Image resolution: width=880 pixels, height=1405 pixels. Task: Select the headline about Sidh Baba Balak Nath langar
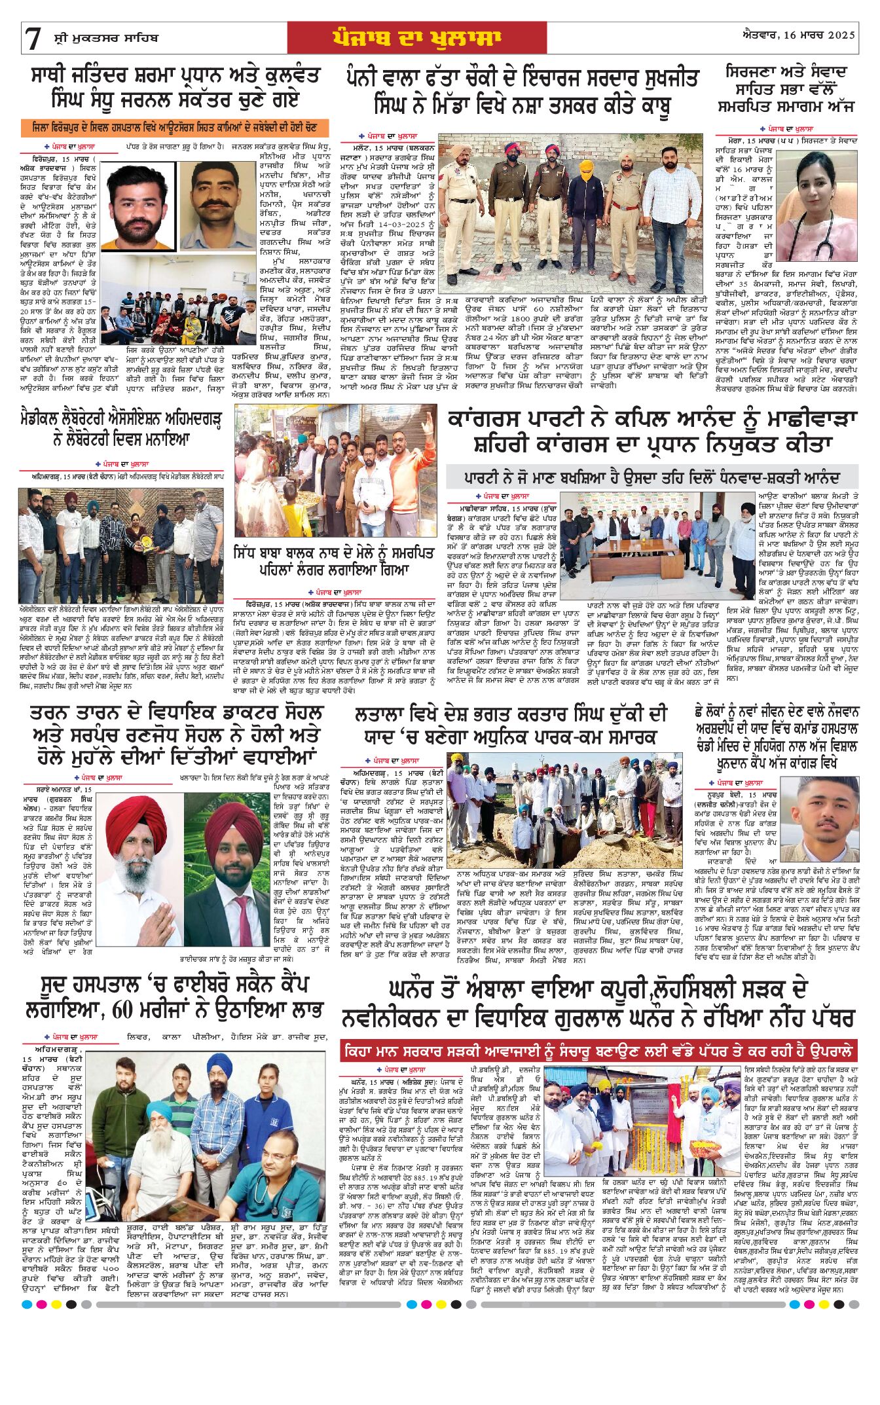[334, 560]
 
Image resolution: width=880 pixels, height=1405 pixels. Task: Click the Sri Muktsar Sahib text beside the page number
[105, 38]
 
